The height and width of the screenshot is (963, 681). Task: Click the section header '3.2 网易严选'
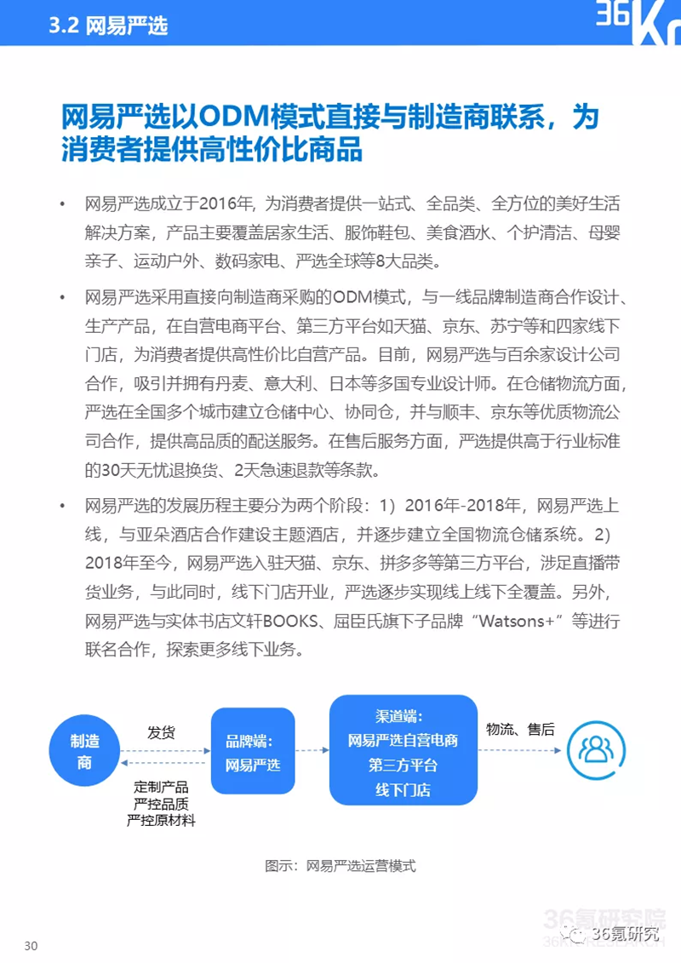click(x=108, y=25)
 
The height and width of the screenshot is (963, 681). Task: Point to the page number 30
click(x=31, y=946)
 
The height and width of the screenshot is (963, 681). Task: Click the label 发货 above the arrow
click(x=162, y=732)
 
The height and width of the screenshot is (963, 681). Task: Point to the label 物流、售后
click(x=519, y=729)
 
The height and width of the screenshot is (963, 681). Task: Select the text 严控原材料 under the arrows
click(x=161, y=820)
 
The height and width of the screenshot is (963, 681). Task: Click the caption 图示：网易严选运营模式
click(x=340, y=866)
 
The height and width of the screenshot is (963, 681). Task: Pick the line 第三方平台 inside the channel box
click(x=403, y=765)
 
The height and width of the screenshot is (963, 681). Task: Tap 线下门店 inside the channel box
click(x=403, y=789)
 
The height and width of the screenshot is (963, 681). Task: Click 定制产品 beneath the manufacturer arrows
click(x=161, y=787)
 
